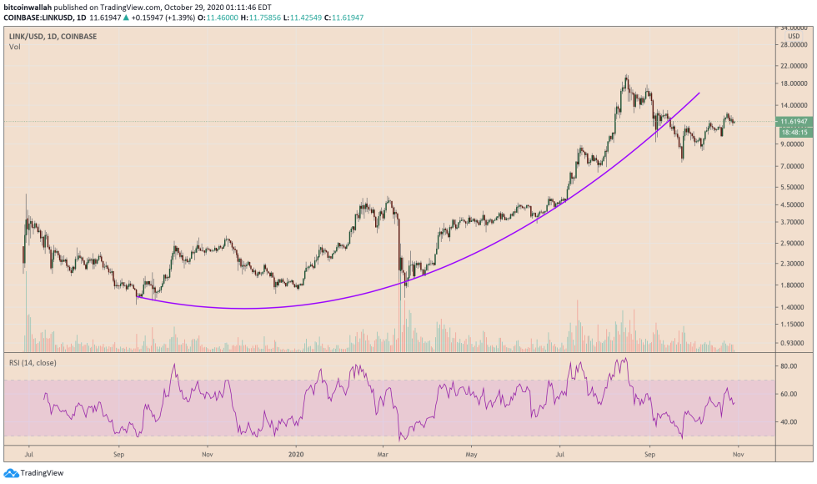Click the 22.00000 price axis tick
pyautogui.click(x=794, y=65)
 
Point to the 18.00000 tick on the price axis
pyautogui.click(x=794, y=83)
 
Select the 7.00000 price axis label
pyautogui.click(x=793, y=167)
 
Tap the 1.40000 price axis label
pyautogui.click(x=793, y=308)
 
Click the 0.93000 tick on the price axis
pyautogui.click(x=793, y=343)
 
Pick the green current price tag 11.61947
pyautogui.click(x=794, y=122)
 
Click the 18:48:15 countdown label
pyautogui.click(x=792, y=133)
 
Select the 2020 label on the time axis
pyautogui.click(x=296, y=455)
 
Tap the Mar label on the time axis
pyautogui.click(x=383, y=455)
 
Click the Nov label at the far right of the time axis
pyautogui.click(x=737, y=455)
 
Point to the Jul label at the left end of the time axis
pyautogui.click(x=30, y=455)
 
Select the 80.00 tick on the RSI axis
pyautogui.click(x=789, y=366)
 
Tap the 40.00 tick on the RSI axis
pyautogui.click(x=789, y=422)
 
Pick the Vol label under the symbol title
pyautogui.click(x=14, y=47)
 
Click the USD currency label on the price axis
pyautogui.click(x=792, y=36)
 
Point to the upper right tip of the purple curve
pyautogui.click(x=699, y=93)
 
